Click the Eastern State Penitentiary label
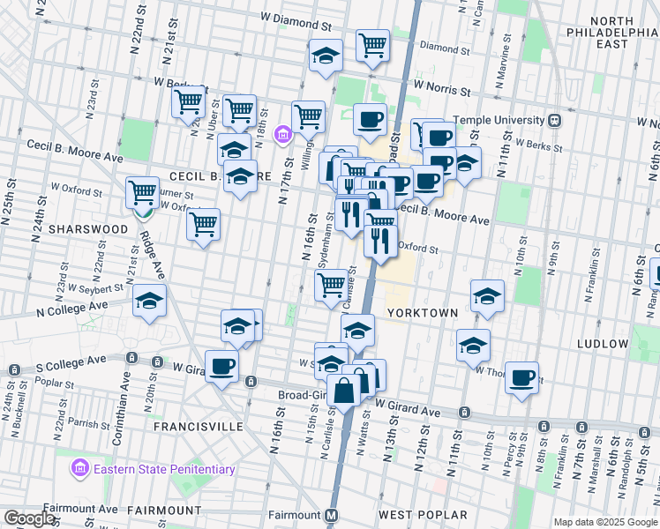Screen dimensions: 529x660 (164, 469)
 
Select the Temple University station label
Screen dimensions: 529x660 (498, 120)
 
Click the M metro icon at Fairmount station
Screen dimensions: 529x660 (333, 514)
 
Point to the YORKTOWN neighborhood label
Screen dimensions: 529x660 (423, 313)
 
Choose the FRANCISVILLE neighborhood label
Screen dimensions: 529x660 (198, 426)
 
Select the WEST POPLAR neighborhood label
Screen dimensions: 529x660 (422, 514)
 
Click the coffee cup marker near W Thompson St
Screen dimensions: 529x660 (521, 377)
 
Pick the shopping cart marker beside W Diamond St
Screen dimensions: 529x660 (372, 44)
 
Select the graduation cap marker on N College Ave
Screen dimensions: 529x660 (150, 301)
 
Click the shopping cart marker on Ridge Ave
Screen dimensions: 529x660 (141, 191)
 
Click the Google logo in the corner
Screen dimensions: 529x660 (29, 518)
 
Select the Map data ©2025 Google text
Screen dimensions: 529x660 (604, 522)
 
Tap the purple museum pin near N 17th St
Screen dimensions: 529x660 (282, 135)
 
